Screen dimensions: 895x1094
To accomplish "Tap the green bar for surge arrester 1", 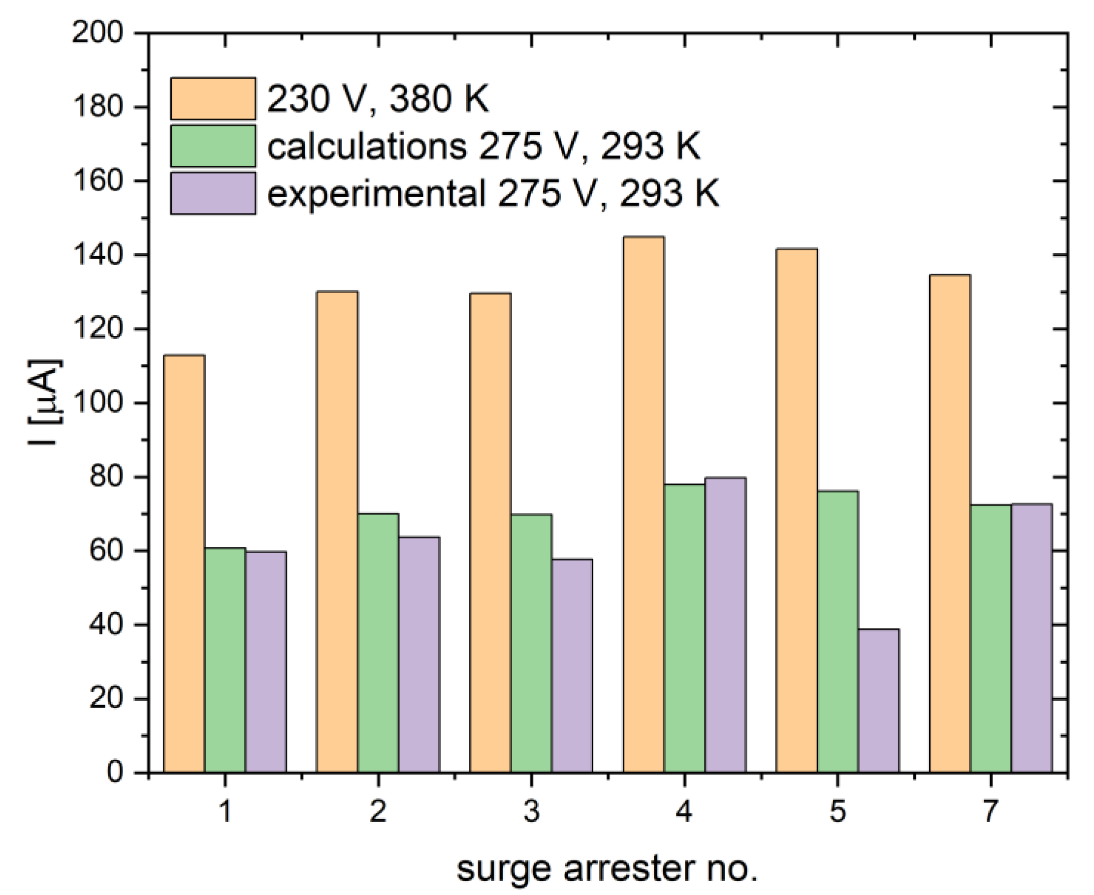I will (225, 660).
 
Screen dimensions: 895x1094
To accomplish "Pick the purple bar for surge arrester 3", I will (572, 665).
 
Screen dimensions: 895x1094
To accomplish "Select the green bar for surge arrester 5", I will (837, 631).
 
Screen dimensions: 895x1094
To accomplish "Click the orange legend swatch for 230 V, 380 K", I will (213, 99).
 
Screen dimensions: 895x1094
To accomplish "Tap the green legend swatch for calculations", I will (213, 146).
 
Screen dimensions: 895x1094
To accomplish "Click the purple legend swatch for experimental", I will (213, 193).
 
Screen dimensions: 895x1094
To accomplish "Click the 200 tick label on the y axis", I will (97, 34).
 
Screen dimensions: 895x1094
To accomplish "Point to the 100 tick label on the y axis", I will (97, 404).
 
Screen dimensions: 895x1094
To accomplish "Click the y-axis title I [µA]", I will (45, 403).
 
